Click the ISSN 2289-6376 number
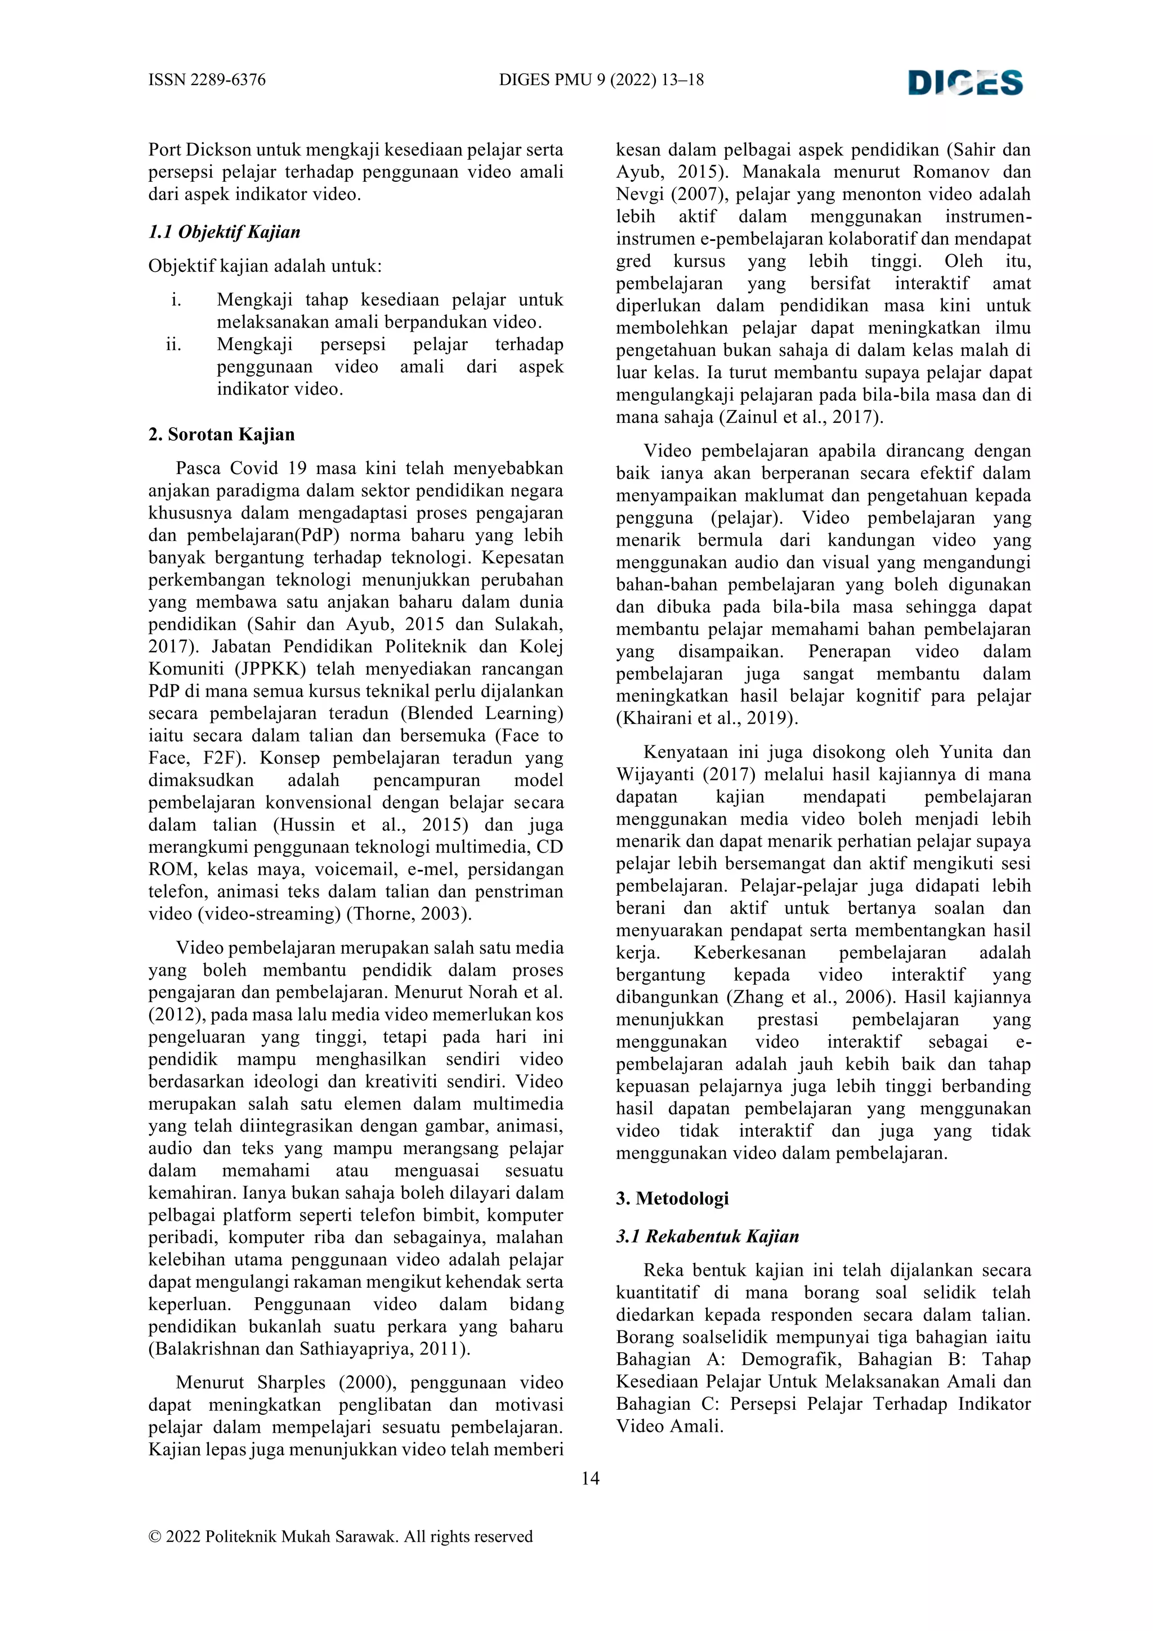click(207, 79)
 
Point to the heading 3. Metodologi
click(672, 1199)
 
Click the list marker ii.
click(173, 345)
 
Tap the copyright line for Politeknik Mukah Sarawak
click(340, 1536)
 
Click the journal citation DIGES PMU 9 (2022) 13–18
click(601, 79)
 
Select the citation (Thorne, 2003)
click(409, 914)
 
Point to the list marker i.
click(176, 300)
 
